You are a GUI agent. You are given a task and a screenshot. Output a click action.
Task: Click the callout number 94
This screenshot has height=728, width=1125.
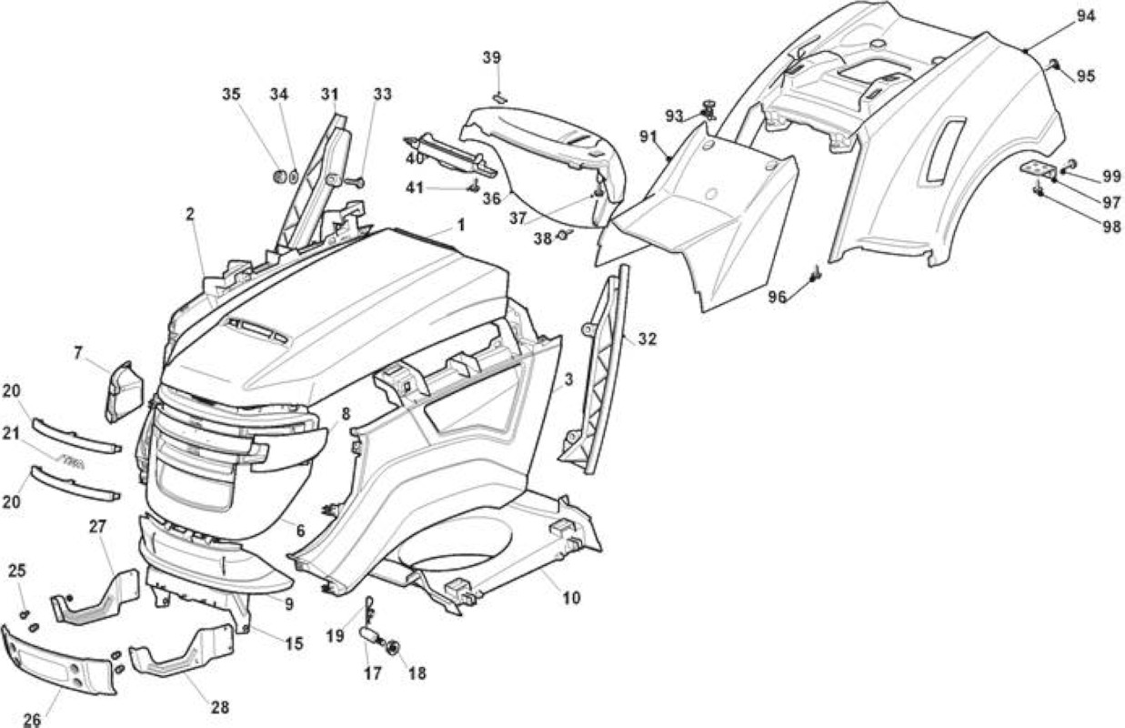(x=1085, y=16)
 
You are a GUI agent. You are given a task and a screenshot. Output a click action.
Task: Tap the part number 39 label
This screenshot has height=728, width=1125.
(x=492, y=57)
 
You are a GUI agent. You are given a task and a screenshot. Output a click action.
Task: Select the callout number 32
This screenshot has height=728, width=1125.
(x=647, y=339)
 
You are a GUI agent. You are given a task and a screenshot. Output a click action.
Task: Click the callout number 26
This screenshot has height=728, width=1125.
(x=32, y=720)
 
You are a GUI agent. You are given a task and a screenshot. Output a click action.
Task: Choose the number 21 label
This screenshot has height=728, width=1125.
(x=11, y=432)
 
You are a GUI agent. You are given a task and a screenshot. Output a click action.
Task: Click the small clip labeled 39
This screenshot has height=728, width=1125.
(x=499, y=97)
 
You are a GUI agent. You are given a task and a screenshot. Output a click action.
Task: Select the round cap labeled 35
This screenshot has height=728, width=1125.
(x=279, y=177)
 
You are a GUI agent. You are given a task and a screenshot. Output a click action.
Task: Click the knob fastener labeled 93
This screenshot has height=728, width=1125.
(x=709, y=109)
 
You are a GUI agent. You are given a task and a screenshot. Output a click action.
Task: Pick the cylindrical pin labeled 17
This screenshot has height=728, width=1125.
(x=371, y=634)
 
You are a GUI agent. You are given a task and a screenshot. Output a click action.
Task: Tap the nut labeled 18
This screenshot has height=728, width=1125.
(x=393, y=648)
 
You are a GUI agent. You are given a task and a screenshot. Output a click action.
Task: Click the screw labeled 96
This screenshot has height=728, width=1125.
(x=815, y=274)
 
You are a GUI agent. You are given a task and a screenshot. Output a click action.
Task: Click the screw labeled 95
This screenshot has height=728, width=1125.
(x=1052, y=64)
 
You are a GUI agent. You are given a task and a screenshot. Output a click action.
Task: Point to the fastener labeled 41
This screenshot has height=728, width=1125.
(x=473, y=187)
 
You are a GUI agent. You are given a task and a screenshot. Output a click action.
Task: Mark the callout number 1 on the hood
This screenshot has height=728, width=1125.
(x=460, y=225)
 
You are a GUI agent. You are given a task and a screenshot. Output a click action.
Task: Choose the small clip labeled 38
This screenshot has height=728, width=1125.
(x=564, y=234)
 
